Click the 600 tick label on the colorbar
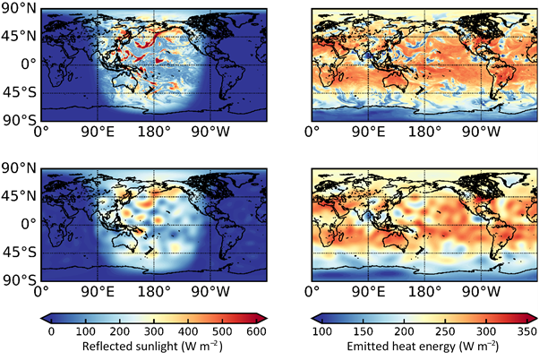[x=256, y=331]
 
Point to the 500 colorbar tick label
[x=222, y=331]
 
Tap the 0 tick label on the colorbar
[x=51, y=331]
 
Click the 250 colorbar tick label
[x=447, y=331]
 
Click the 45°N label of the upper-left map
[x=17, y=37]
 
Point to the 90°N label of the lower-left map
[x=17, y=167]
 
